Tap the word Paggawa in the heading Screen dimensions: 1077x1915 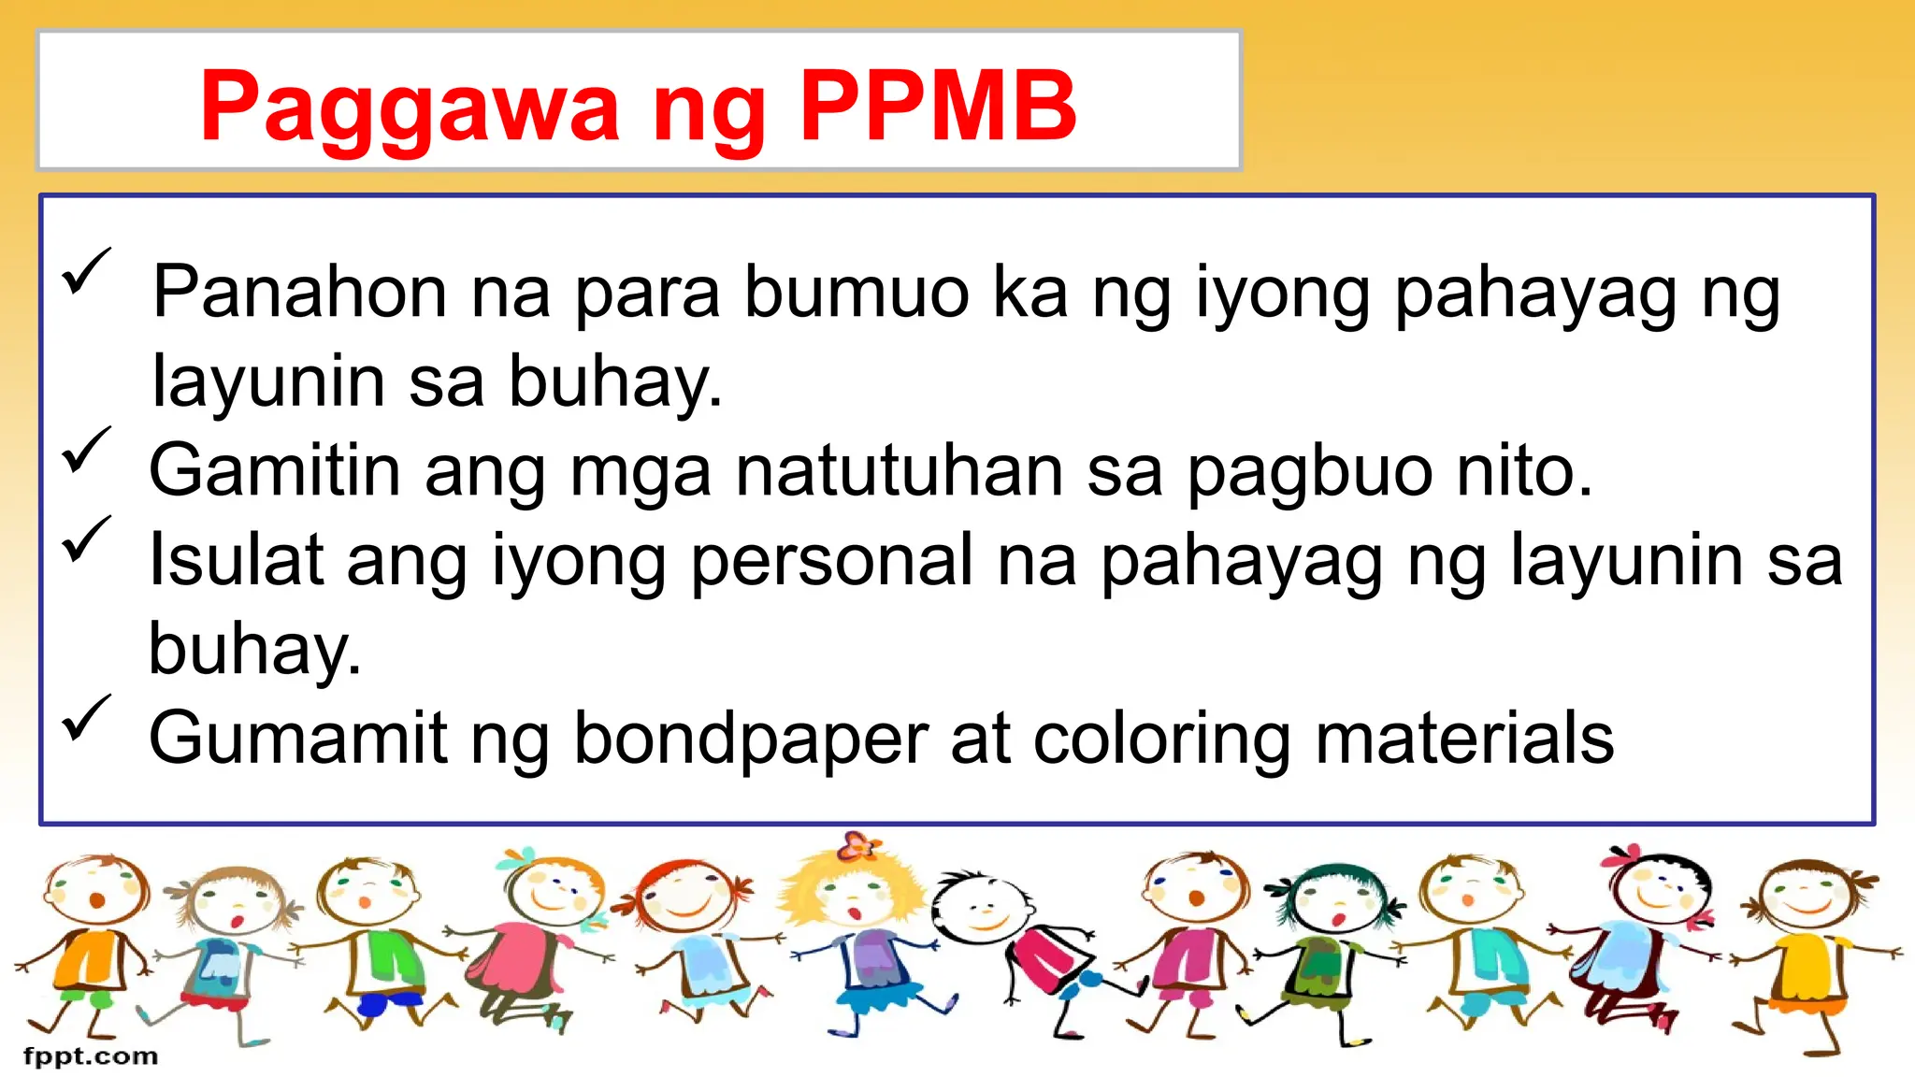pos(410,108)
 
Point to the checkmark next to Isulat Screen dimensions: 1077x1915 pos(86,539)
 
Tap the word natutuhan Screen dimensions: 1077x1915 pos(899,470)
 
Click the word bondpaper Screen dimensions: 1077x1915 pos(751,739)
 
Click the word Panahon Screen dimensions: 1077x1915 pos(300,293)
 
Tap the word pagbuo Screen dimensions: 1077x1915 pos(1310,472)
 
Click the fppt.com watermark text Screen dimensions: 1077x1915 pos(91,1056)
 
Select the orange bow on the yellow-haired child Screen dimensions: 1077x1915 pos(857,845)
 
